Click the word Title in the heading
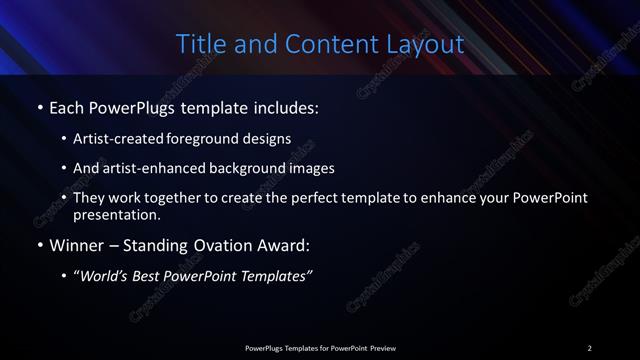click(199, 45)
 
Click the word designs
click(270, 138)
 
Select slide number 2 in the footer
click(589, 347)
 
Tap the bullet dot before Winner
click(39, 245)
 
